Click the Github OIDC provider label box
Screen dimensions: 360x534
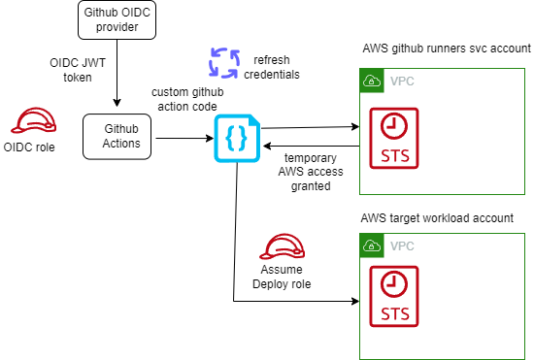point(117,19)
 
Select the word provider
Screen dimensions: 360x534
point(117,27)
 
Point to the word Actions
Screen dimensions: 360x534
point(121,144)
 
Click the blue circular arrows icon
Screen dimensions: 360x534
point(223,62)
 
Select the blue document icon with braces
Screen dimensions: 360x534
point(237,139)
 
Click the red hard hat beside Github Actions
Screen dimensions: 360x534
point(33,121)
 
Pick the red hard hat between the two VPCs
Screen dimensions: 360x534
point(283,247)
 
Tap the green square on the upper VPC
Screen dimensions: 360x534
point(371,81)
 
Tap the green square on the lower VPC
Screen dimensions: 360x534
point(371,245)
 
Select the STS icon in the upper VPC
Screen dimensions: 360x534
point(394,138)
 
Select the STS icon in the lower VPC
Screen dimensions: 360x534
point(394,296)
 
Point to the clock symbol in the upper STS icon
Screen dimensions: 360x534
point(394,125)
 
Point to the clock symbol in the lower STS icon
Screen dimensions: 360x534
point(394,283)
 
